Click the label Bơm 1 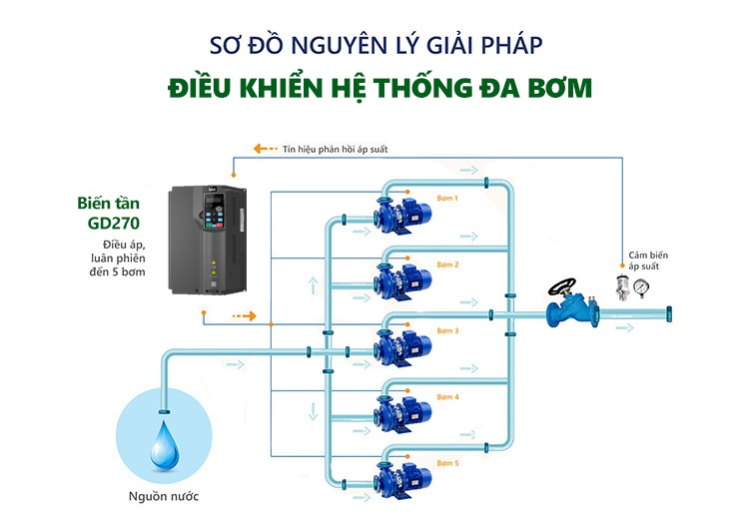(x=447, y=198)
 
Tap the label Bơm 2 (x=447, y=265)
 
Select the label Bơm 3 (x=447, y=330)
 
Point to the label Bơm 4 (x=447, y=397)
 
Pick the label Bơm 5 (x=447, y=464)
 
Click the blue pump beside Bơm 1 (x=398, y=213)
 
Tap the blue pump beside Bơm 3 (x=398, y=345)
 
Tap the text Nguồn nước (x=164, y=496)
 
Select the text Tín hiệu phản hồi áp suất (x=335, y=149)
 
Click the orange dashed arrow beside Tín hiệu (x=265, y=149)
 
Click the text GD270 (x=110, y=223)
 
